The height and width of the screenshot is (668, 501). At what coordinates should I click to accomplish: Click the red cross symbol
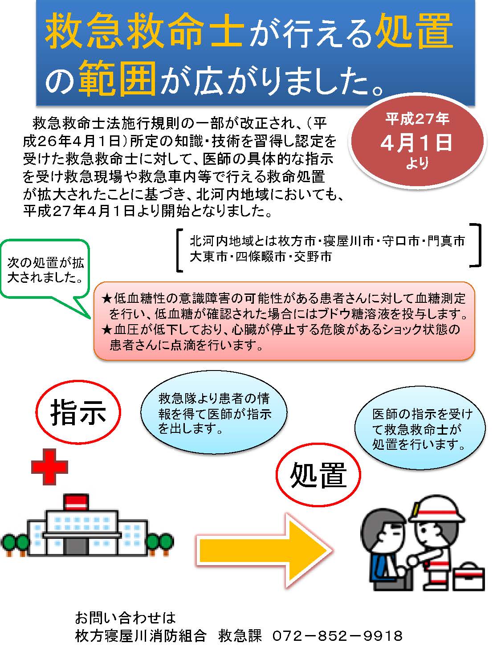[49, 467]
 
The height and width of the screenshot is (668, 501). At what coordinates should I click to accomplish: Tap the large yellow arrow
[264, 550]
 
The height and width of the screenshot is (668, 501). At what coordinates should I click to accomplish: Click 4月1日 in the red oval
[416, 143]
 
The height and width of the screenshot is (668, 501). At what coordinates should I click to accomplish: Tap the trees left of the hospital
[15, 543]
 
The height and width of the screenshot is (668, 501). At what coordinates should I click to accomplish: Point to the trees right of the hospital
[161, 543]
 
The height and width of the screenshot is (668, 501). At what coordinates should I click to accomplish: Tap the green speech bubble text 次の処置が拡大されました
[45, 269]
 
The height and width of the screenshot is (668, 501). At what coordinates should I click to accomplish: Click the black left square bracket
[179, 250]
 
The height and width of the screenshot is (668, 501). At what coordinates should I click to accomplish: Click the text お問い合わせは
[125, 618]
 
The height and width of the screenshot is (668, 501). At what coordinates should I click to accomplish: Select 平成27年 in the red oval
[417, 118]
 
